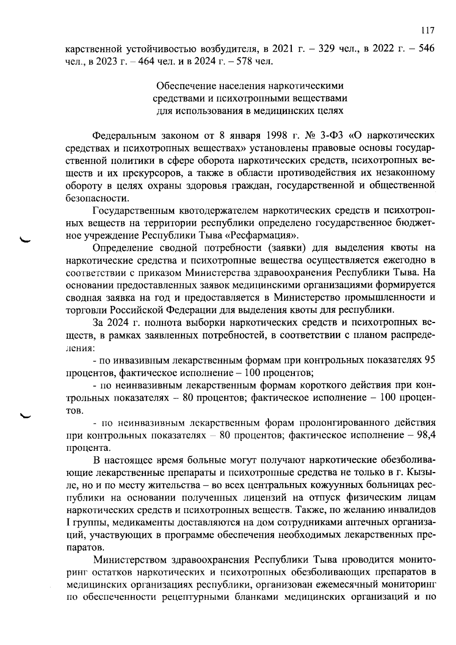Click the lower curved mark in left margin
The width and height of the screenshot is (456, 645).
(27, 415)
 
